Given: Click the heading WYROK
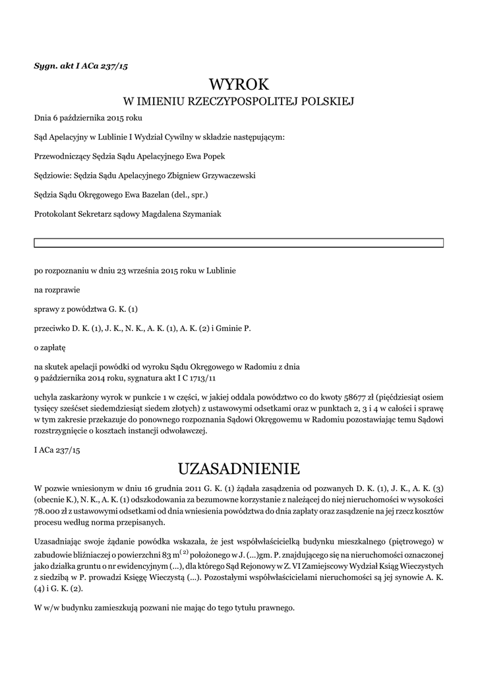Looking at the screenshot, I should tap(239, 84).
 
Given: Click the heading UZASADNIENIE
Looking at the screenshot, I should tap(239, 469).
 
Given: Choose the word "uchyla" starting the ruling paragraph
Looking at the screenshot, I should tap(45, 397).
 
